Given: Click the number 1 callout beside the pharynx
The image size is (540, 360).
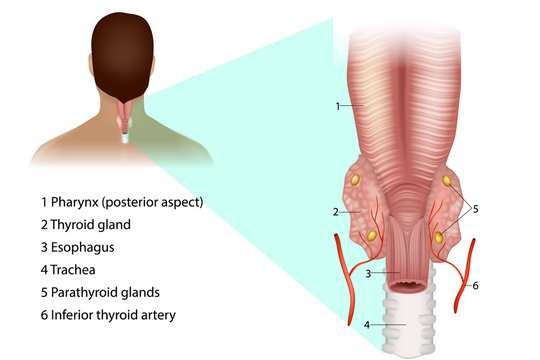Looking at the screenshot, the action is click(338, 105).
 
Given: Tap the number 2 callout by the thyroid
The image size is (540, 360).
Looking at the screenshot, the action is click(336, 212).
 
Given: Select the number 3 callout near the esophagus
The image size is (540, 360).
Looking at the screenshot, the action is click(369, 273).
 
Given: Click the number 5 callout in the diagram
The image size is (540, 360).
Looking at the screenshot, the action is click(475, 210).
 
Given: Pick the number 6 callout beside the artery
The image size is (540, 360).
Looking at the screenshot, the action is click(476, 286).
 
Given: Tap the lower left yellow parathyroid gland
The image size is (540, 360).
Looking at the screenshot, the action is click(371, 237).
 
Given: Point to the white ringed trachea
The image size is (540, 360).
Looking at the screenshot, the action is click(404, 320).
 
